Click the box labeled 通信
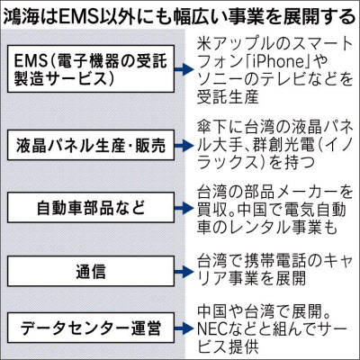(91, 271)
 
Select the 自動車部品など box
(91, 207)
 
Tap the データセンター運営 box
(91, 328)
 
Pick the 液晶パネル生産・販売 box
(91, 145)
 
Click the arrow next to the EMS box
(184, 69)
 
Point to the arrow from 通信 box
(184, 272)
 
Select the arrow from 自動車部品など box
(184, 208)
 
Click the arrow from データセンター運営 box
(184, 328)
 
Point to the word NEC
(212, 328)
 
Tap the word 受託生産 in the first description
(228, 96)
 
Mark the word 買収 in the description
(211, 210)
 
